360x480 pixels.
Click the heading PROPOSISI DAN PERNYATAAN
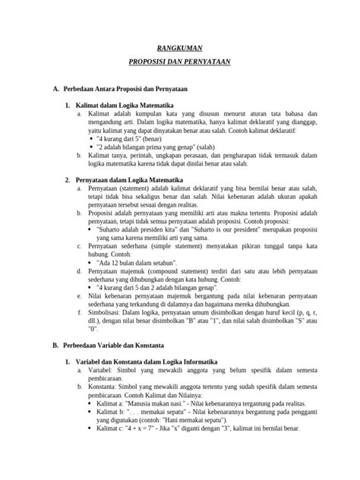pos(179,64)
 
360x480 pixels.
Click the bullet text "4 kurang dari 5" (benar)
pos(133,140)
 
